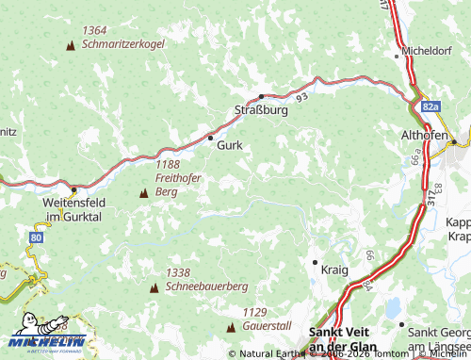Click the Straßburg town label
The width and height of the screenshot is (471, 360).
(x=260, y=110)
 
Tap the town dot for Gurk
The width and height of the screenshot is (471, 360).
(x=210, y=138)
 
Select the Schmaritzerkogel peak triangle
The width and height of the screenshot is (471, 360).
(x=71, y=45)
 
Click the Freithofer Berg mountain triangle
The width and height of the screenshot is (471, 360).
(x=143, y=192)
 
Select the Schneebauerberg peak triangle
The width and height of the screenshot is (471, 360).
(x=154, y=286)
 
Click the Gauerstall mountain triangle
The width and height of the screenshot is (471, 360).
(x=231, y=326)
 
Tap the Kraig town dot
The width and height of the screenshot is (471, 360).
(x=314, y=261)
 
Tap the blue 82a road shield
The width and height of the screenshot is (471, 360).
(x=430, y=108)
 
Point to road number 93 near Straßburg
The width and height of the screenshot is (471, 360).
(x=300, y=96)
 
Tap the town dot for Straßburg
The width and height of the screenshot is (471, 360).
(x=262, y=96)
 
